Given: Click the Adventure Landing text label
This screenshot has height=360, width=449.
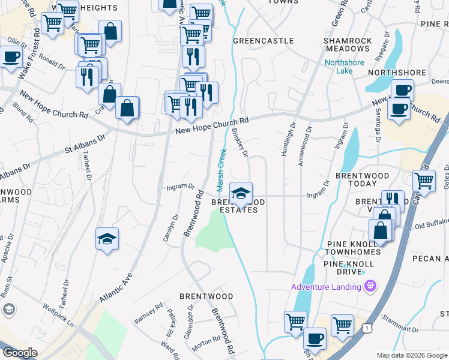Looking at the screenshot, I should [x=326, y=286].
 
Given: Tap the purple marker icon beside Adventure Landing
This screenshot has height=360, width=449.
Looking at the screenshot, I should [x=371, y=286].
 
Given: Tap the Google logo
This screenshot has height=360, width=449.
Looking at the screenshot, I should [x=20, y=353].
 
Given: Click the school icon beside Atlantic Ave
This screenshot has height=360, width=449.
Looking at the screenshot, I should [x=107, y=239].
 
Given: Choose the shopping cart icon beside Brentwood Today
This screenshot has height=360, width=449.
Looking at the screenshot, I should [x=424, y=179].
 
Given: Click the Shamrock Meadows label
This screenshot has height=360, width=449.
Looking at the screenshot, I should [x=348, y=45].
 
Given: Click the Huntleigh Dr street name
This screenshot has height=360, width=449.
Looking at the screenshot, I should [x=288, y=140].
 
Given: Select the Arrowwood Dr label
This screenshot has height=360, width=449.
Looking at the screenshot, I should [x=304, y=146].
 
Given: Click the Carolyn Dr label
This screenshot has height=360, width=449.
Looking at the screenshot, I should [x=170, y=228].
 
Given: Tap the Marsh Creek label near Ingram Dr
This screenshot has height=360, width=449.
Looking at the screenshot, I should [x=221, y=171].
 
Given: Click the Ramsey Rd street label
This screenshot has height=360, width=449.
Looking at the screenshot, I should [x=148, y=314].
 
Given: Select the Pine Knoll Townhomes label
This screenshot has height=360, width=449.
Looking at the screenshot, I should [x=354, y=248].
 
